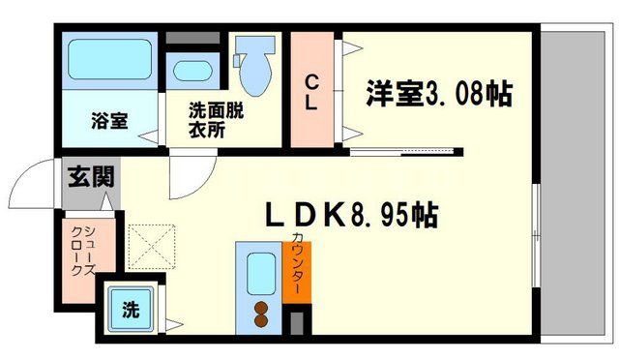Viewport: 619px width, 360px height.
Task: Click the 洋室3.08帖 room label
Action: [x=438, y=94]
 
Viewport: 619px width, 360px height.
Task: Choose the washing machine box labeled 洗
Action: [x=131, y=311]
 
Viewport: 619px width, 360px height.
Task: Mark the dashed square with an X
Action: [x=150, y=247]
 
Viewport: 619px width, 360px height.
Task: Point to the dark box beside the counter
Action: [x=296, y=318]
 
